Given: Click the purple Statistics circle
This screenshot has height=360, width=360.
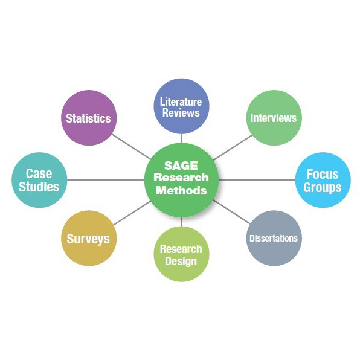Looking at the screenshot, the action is coord(89,118).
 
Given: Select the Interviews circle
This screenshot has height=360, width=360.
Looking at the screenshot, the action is coord(274,118).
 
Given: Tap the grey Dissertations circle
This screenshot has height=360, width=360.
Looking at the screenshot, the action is coord(274,238).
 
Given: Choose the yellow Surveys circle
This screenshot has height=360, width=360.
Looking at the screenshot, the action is coord(89,238).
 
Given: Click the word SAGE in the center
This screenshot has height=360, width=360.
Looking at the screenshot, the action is coord(181,166).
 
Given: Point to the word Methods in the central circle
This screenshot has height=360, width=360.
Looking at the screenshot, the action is coord(181,190).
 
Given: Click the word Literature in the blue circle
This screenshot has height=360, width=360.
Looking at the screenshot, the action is coord(181,102).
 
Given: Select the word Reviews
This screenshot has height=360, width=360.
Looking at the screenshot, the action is coord(181,113).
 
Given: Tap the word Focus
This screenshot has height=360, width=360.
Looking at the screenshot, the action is coord(323,174).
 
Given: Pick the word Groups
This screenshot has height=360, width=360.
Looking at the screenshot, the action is coord(323,188).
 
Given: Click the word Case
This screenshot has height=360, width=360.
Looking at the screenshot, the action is coord(39,173).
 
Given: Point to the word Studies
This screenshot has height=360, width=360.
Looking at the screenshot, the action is coord(39,187).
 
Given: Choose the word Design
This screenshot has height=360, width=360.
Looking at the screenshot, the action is coord(181,262).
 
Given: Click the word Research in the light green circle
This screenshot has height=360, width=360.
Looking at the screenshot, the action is coord(181,249).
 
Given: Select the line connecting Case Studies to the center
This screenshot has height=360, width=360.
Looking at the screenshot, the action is coord(106,180).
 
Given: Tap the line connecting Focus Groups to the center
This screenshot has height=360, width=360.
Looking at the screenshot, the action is coord(257,180).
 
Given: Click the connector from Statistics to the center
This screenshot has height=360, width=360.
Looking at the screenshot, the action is coord(131,147).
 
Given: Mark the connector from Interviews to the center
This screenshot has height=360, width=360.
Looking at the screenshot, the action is coord(233,147).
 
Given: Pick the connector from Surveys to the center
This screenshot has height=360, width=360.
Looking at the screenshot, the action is coord(132,213).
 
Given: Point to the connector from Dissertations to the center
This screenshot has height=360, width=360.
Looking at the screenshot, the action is coord(232,211).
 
